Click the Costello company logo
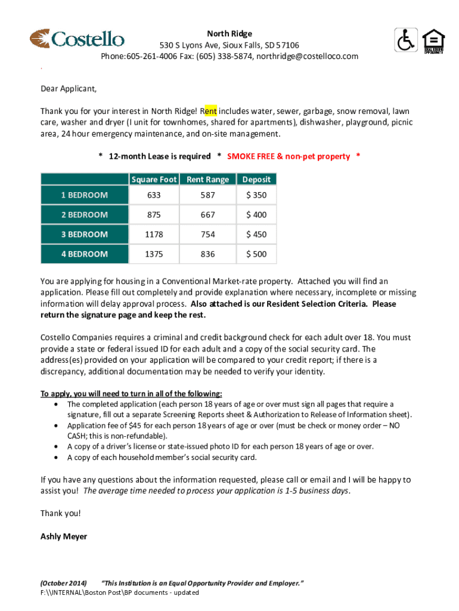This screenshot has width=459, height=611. (77, 39)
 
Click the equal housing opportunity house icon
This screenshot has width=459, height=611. (433, 41)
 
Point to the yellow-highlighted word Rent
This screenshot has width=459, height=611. (210, 111)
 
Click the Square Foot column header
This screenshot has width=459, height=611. (154, 179)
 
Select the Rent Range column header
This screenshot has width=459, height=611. (207, 179)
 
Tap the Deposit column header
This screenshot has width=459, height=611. (256, 179)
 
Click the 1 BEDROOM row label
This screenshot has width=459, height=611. (84, 195)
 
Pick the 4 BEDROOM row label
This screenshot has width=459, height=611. (84, 254)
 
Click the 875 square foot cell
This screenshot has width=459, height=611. (154, 215)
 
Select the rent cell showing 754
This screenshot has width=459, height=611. (207, 234)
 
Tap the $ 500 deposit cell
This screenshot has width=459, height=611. (256, 254)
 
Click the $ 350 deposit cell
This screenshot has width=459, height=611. (256, 195)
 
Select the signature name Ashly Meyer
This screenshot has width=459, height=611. (64, 536)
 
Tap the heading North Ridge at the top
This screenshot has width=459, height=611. (229, 33)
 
